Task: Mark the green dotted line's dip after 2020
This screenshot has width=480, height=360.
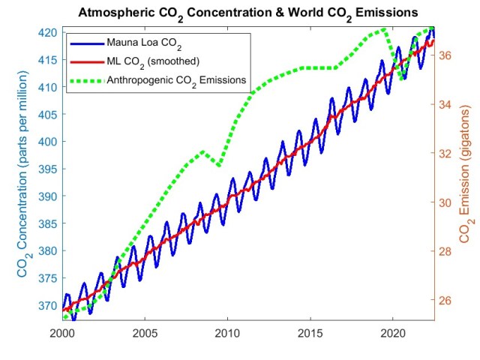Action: click(402, 78)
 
